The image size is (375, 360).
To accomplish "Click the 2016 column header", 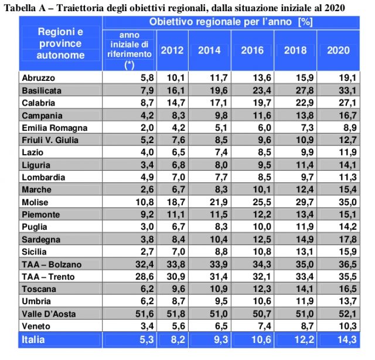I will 253,50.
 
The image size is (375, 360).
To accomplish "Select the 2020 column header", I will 337,50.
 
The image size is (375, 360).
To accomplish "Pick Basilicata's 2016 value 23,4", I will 260,90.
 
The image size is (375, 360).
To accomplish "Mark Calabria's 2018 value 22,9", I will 302,103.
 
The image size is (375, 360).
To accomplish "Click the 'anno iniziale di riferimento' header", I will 129,50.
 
